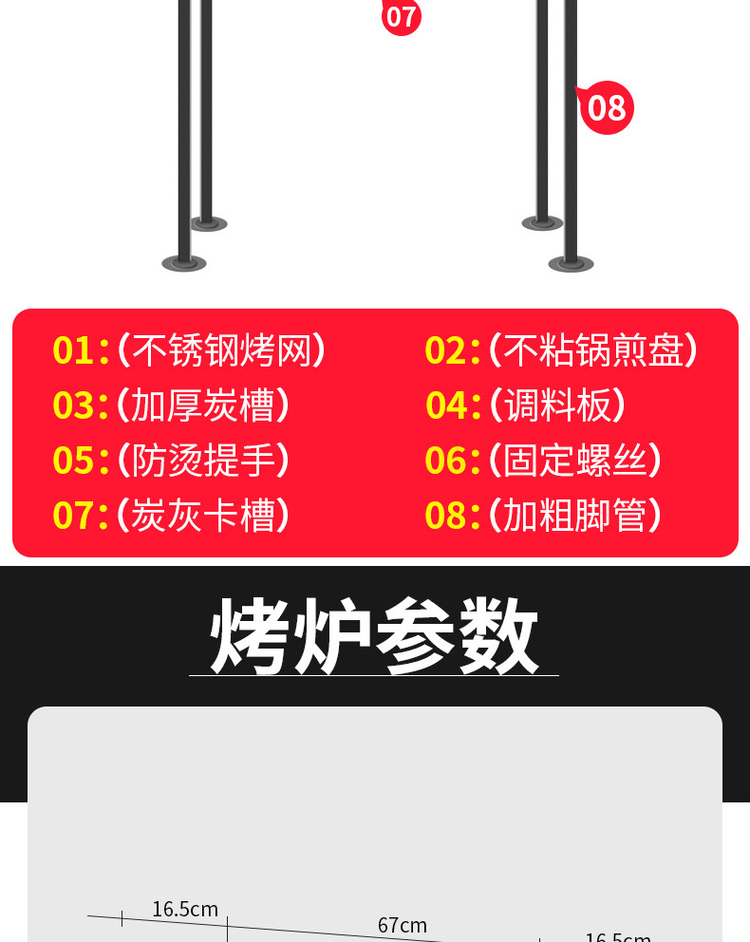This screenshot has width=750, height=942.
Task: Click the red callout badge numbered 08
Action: pos(606,107)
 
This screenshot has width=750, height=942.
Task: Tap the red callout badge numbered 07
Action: pos(401,15)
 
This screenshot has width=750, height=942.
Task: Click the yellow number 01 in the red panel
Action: pos(74,350)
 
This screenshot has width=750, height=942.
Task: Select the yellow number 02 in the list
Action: pos(446,350)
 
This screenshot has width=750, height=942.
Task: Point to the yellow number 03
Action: pos(74,405)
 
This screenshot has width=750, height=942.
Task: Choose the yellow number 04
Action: pos(447,405)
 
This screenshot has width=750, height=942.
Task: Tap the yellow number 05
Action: pos(74,461)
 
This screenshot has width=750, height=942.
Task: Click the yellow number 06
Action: pos(446,461)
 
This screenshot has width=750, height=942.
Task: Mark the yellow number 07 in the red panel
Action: pos(74,516)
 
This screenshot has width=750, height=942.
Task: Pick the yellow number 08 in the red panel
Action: pos(446,516)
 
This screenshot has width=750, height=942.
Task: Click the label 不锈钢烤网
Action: pos(221,350)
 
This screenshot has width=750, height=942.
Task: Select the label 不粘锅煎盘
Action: pos(593,350)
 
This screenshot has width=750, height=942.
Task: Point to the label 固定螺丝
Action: pos(575,461)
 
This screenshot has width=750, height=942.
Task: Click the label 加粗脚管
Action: pos(575,516)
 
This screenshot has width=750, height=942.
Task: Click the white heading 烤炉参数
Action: pos(374,635)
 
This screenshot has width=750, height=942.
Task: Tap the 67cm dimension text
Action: pos(402,925)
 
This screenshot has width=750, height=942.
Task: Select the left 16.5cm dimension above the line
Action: pos(185,910)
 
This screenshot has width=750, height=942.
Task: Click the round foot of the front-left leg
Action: pos(183,263)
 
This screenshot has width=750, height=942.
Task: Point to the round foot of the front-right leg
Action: pos(571,263)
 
